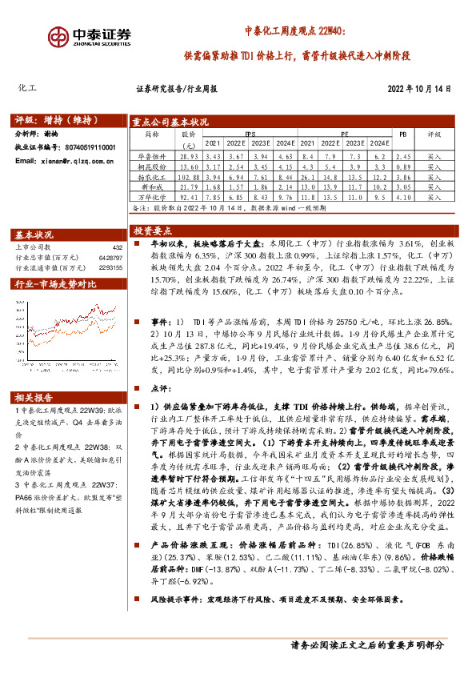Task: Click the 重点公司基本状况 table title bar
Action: click(x=170, y=122)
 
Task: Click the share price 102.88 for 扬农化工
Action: click(x=189, y=176)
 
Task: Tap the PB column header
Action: click(x=403, y=135)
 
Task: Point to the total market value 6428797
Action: click(x=110, y=258)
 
